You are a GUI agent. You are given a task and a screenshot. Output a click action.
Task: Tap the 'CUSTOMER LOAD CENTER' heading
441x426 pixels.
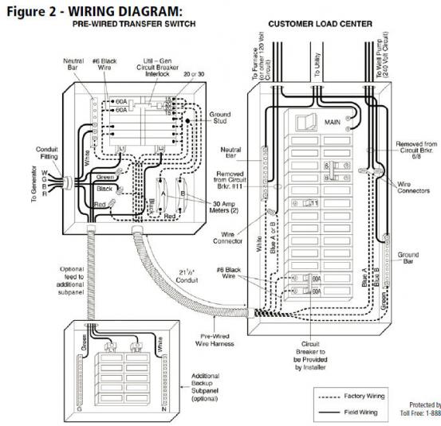tap(320, 24)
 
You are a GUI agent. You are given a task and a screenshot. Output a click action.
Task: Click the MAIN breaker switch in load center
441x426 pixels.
tap(302, 121)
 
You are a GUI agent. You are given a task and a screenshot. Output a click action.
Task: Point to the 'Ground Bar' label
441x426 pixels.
tap(408, 260)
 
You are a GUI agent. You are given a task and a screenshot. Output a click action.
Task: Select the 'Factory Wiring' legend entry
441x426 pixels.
tap(365, 395)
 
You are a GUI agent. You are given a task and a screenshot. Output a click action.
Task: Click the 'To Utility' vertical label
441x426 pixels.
tap(317, 64)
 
